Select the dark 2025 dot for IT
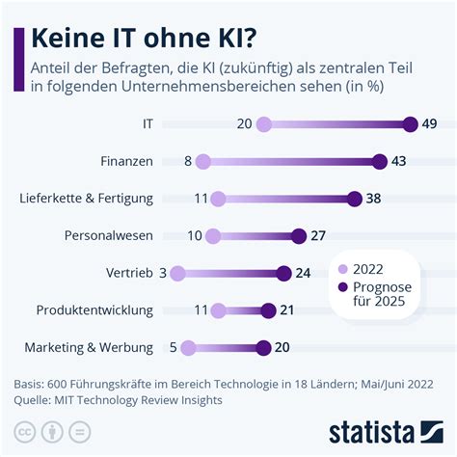click(411, 123)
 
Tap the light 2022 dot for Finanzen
click(202, 161)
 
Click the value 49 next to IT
click(430, 123)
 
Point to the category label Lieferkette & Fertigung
click(87, 199)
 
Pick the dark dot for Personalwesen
click(299, 235)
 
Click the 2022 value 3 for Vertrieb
click(163, 273)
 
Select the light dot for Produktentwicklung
click(218, 310)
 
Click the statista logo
click(384, 430)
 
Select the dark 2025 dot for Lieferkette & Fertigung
click(355, 199)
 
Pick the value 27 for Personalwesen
click(319, 235)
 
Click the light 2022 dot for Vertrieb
click(177, 273)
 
